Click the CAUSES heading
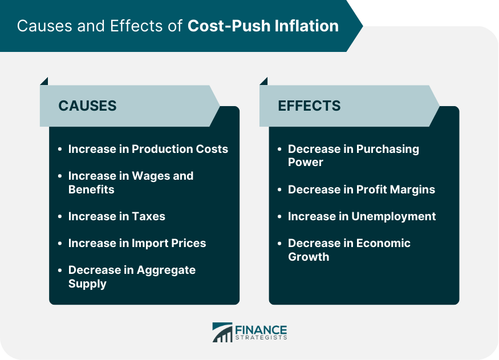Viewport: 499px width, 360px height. (87, 106)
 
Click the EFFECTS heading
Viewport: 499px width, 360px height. (309, 106)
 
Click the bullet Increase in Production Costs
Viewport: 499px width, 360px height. (148, 149)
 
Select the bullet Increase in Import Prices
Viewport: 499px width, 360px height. (137, 243)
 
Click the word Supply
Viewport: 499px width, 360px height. (87, 284)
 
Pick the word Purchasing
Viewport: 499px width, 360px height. (388, 149)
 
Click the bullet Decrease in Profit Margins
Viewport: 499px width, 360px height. (361, 189)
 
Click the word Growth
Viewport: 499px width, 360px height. (309, 257)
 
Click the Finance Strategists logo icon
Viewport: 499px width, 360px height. (222, 332)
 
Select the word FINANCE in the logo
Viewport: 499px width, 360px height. (261, 329)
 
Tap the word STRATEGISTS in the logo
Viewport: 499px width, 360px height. (261, 338)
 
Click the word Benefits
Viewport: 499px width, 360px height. (91, 189)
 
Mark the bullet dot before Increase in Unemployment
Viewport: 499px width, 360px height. (279, 217)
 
